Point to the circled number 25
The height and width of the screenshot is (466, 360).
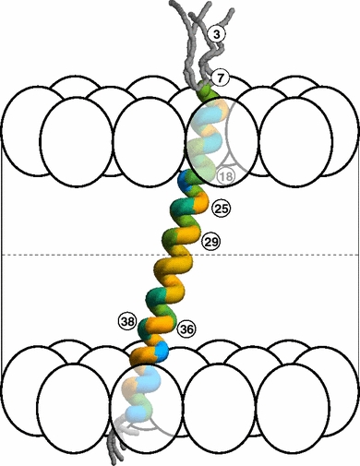click(220, 207)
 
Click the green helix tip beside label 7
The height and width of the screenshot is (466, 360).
click(208, 93)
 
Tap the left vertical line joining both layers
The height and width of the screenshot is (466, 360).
click(4, 255)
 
